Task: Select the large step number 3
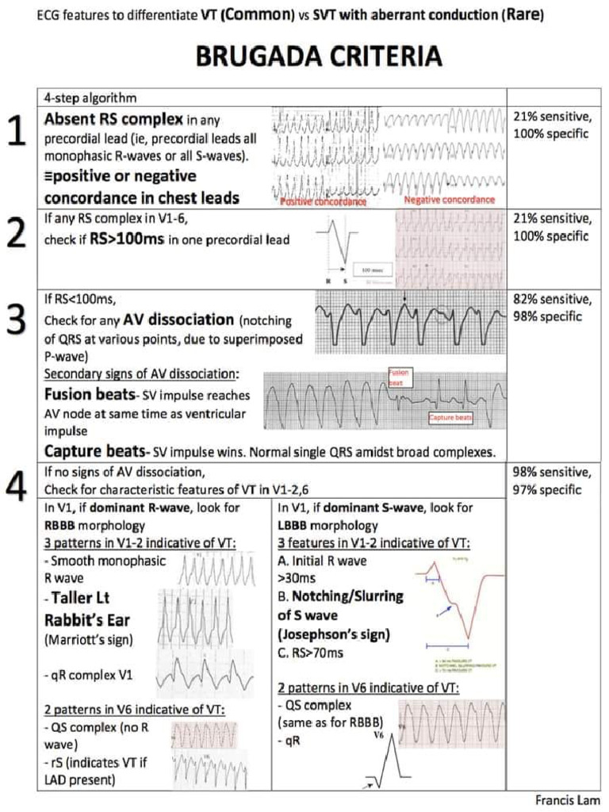click(x=17, y=321)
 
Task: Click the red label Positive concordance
click(x=324, y=202)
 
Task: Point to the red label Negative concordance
click(x=449, y=200)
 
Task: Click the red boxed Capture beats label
click(x=450, y=418)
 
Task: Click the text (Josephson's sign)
click(x=332, y=634)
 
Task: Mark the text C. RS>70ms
click(x=311, y=653)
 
